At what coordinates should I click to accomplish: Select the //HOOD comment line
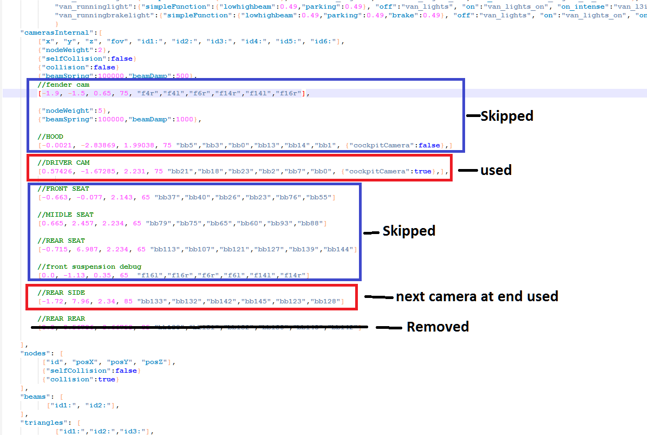tap(50, 137)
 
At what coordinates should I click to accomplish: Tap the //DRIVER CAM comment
tap(63, 163)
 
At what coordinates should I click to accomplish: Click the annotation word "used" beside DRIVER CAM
tap(496, 170)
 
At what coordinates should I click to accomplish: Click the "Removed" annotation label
tap(437, 327)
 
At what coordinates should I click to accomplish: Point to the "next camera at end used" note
tap(477, 296)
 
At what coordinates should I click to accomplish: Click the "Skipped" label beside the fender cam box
tap(507, 115)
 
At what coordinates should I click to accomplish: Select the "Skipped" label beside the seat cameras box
tap(409, 231)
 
